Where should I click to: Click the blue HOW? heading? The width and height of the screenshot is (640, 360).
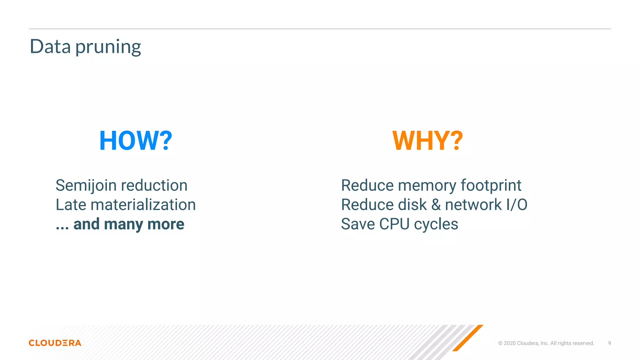136,141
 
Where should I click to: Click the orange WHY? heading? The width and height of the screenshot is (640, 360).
427,141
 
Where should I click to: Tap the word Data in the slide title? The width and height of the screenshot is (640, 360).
50,47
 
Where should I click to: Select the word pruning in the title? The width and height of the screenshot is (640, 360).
108,47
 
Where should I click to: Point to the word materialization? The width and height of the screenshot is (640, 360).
143,205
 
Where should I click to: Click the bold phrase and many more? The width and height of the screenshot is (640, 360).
129,224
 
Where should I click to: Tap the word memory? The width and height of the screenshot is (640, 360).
427,185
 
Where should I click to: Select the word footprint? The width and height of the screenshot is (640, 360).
491,185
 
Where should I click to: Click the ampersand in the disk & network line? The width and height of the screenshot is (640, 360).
436,205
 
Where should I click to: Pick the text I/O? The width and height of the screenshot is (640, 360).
517,205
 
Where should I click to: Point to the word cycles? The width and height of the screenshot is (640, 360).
436,224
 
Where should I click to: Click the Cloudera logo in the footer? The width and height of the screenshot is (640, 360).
55,343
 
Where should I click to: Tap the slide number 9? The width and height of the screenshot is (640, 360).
609,343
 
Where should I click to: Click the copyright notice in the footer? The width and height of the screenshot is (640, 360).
546,343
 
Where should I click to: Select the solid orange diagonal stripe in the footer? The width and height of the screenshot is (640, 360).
467,338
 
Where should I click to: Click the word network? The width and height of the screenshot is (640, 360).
473,205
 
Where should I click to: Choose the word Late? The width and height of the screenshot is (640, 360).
71,205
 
